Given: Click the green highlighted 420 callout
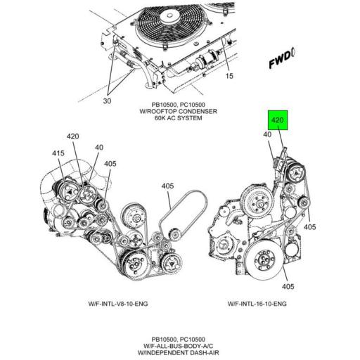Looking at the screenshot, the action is coord(278,120).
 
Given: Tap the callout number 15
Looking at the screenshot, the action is coord(229,76).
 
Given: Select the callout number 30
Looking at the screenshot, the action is coord(107,101).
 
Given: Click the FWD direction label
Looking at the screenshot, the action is coord(282,60).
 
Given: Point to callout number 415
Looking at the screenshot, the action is coord(58,153).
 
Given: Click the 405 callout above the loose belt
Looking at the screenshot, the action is coord(167,186).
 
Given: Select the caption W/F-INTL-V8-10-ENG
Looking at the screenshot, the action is coord(118,304).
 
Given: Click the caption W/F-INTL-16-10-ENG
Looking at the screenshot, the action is coord(257,304).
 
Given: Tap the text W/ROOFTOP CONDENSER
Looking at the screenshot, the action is coord(179,111).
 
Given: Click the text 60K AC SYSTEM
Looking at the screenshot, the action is coord(179,118).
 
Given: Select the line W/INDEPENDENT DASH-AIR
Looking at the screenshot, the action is coord(179,352).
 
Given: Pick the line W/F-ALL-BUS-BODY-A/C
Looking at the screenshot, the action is coord(179,346).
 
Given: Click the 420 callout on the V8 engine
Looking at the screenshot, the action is coord(73,136).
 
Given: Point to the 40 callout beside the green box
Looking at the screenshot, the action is coord(267,134).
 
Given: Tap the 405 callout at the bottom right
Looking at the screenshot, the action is coord(288,286).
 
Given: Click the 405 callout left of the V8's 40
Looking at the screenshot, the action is coord(110,164).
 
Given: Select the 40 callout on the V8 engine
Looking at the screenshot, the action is coord(99,148).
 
